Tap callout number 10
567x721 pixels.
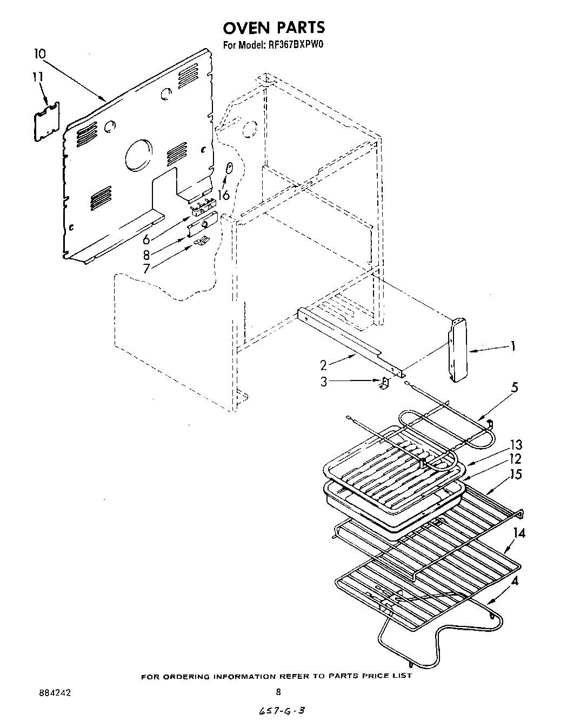pyautogui.click(x=39, y=54)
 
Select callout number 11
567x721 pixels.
pyautogui.click(x=37, y=77)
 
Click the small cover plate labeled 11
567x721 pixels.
pyautogui.click(x=46, y=121)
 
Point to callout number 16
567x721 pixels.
pyautogui.click(x=224, y=195)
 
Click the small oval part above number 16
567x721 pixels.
pyautogui.click(x=229, y=169)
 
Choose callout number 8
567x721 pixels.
pyautogui.click(x=146, y=253)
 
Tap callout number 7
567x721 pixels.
pyautogui.click(x=146, y=268)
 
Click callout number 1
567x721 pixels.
pyautogui.click(x=512, y=346)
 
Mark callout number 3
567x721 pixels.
pyautogui.click(x=324, y=382)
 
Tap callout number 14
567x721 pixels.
pyautogui.click(x=519, y=533)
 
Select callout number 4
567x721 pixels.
pyautogui.click(x=515, y=582)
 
